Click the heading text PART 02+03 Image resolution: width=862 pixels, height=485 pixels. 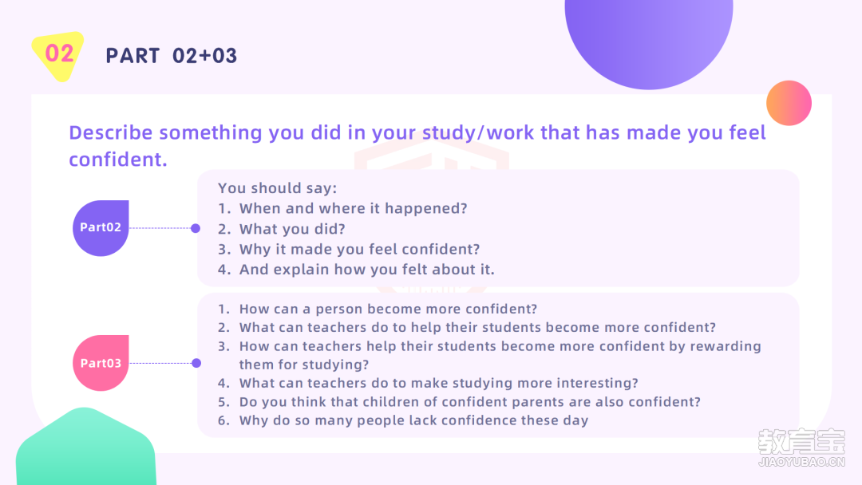(172, 56)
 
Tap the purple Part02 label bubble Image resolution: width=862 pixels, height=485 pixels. (101, 228)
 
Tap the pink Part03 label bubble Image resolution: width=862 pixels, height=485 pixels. (101, 363)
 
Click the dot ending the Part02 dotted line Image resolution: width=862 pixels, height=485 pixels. (196, 228)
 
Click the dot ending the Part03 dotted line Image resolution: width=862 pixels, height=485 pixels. (196, 363)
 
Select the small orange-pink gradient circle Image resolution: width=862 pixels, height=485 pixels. (789, 103)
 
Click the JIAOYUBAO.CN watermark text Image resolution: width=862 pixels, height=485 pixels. (801, 462)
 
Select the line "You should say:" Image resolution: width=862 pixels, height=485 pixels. (278, 188)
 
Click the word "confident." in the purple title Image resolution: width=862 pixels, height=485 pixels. (118, 160)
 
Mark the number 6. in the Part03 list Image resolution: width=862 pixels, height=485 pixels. (223, 420)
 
